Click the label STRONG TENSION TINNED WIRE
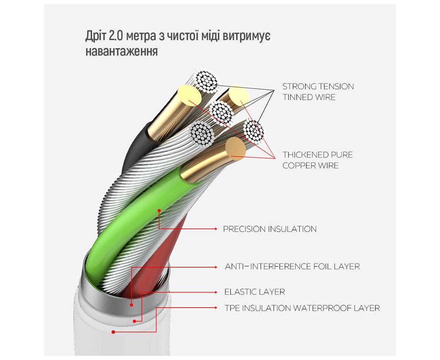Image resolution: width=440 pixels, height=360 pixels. click(x=318, y=92)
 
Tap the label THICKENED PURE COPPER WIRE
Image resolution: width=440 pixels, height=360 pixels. click(x=317, y=160)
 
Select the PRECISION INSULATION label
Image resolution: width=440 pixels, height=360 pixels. click(x=270, y=229)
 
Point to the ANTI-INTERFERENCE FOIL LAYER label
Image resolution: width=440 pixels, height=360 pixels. click(x=292, y=266)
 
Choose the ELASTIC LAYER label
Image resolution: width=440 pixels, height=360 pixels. click(x=254, y=292)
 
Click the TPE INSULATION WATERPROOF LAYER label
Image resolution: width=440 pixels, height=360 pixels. click(x=302, y=308)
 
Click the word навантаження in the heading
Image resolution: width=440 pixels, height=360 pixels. click(x=122, y=51)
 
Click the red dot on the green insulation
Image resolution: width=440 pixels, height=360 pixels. click(x=159, y=211)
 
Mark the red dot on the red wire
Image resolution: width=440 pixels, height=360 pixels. click(x=131, y=305)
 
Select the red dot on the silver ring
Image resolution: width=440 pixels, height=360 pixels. click(x=135, y=321)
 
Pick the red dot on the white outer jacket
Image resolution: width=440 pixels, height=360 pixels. click(x=114, y=332)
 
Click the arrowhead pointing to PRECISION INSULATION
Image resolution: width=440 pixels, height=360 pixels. click(x=216, y=229)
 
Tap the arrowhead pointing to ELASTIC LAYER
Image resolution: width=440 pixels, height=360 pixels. click(x=216, y=292)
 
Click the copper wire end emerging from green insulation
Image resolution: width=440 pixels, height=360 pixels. click(x=235, y=147)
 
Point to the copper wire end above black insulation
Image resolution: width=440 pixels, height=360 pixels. click(x=189, y=94)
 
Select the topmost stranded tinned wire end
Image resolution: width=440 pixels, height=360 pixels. click(x=207, y=82)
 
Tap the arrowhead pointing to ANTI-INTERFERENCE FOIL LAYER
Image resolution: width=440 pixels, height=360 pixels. click(x=216, y=267)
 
